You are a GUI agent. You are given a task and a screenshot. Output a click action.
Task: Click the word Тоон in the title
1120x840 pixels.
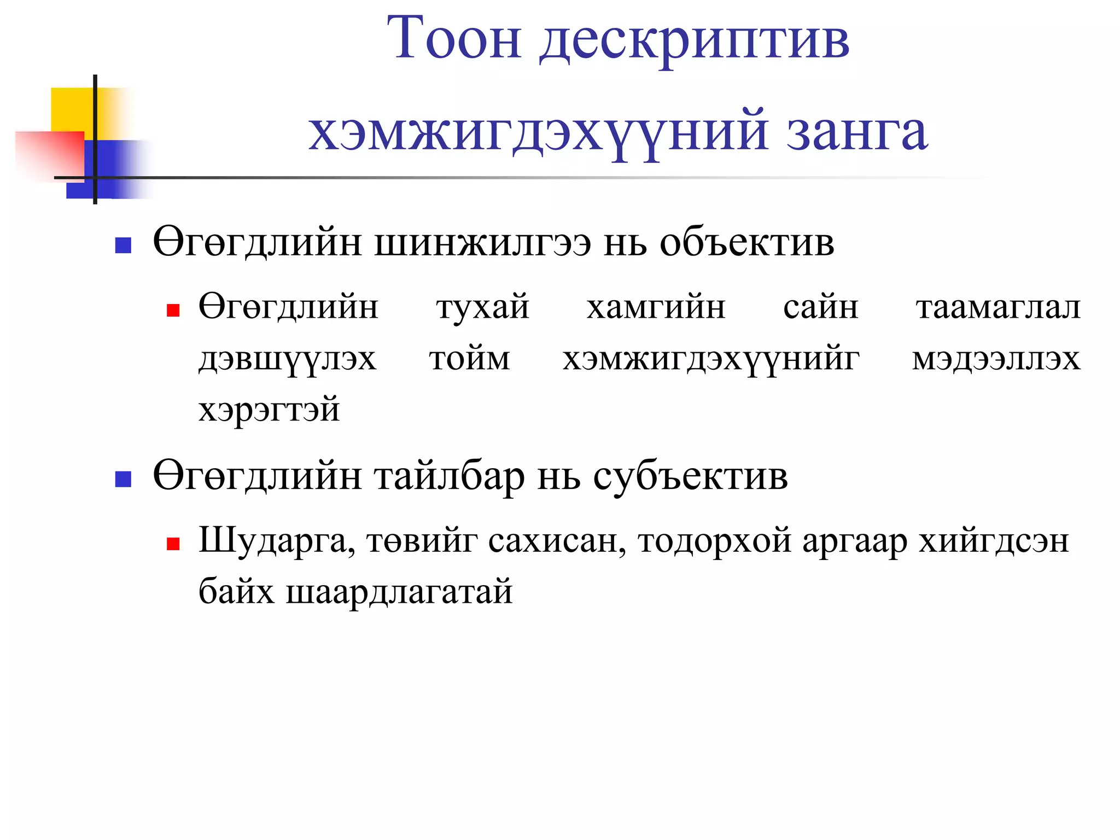(x=453, y=38)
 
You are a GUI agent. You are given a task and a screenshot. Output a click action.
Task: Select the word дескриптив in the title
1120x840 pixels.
(x=695, y=41)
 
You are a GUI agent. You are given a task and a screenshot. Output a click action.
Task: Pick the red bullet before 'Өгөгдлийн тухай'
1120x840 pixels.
(x=173, y=311)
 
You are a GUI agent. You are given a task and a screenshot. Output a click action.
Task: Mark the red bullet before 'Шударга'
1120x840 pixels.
(x=173, y=544)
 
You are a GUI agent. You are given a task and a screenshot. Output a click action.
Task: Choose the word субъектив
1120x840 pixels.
(x=690, y=477)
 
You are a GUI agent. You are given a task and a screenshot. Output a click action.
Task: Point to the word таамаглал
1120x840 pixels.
(x=998, y=307)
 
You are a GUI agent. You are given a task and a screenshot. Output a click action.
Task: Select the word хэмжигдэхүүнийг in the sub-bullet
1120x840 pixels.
(x=711, y=360)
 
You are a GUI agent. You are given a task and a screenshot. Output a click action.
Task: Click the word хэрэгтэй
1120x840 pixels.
(x=269, y=410)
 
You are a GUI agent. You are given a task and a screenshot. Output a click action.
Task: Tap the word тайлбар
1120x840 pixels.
(x=450, y=477)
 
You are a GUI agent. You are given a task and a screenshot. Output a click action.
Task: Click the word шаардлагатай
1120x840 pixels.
(x=399, y=592)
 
